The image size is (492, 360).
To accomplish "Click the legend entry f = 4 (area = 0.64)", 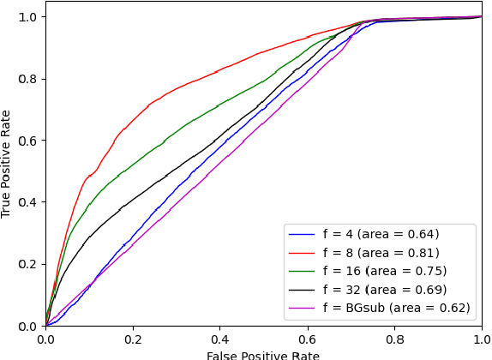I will [381, 234].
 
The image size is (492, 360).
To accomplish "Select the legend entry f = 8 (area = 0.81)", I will [381, 253].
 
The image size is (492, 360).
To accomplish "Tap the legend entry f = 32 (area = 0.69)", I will [384, 290].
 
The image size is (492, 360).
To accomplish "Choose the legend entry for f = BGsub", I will [396, 308].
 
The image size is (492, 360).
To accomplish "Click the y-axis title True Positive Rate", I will [7, 163].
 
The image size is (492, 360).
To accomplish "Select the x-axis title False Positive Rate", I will [263, 355].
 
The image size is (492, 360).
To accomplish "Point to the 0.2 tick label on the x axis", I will [133, 339].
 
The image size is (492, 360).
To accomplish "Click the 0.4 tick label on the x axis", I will [220, 339].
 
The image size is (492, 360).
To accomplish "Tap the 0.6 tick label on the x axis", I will [307, 339].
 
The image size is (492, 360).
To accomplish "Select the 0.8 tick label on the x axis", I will [394, 339].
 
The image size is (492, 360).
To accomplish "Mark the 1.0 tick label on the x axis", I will [480, 339].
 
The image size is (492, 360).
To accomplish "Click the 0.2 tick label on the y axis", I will [27, 264].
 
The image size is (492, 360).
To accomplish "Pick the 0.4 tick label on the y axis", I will [27, 202].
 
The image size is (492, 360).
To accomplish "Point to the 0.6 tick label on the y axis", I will [27, 141].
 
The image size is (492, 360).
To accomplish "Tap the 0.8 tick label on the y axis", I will [27, 79].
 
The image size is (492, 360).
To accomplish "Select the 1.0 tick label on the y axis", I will [27, 17].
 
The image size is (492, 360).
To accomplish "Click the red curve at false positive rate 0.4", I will [220, 69].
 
